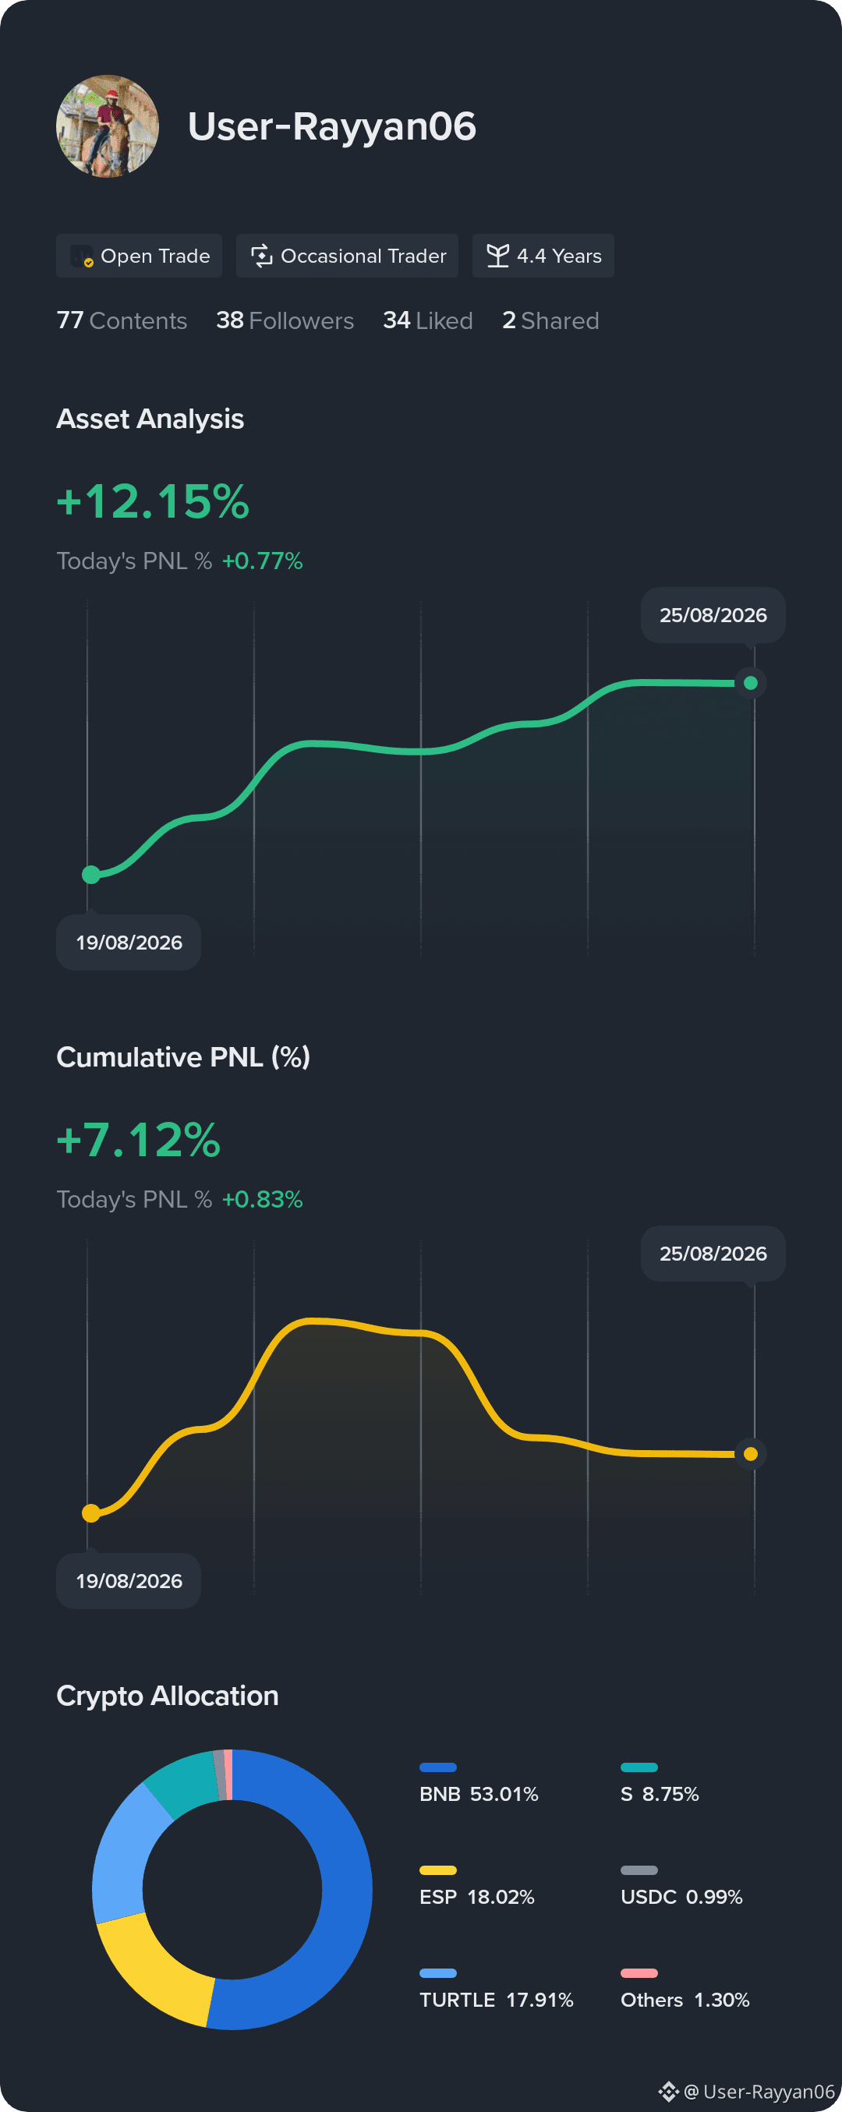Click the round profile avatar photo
pyautogui.click(x=108, y=126)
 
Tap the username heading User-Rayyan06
pyautogui.click(x=332, y=126)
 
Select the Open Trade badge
pyautogui.click(x=140, y=256)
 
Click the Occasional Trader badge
pyautogui.click(x=347, y=256)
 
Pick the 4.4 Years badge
pyautogui.click(x=543, y=256)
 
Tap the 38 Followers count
pyautogui.click(x=285, y=320)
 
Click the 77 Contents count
pyautogui.click(x=122, y=320)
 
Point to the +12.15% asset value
pyautogui.click(x=153, y=501)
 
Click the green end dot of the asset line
pyautogui.click(x=750, y=683)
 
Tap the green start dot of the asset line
pyautogui.click(x=91, y=875)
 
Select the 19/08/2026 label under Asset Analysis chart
pyautogui.click(x=129, y=943)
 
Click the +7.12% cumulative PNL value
pyautogui.click(x=139, y=1140)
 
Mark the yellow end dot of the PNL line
pyautogui.click(x=750, y=1454)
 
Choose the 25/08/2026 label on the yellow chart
pyautogui.click(x=713, y=1254)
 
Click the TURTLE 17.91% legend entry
pyautogui.click(x=496, y=1990)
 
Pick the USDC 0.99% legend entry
pyautogui.click(x=681, y=1887)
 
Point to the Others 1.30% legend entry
pyautogui.click(x=685, y=1990)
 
